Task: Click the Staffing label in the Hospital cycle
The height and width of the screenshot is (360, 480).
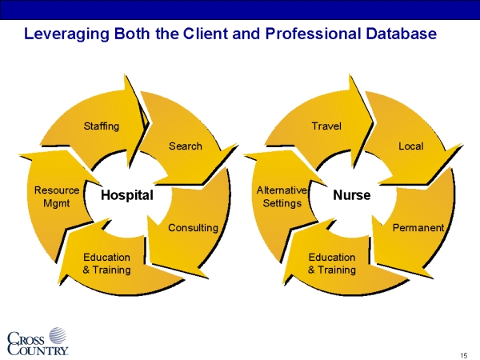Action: [x=102, y=126]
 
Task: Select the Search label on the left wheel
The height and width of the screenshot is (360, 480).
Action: [x=186, y=146]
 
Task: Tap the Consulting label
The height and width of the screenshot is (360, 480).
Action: [x=193, y=228]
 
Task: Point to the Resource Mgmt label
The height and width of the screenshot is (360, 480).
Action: [x=57, y=197]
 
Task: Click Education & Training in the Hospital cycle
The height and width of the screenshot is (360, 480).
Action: [x=106, y=264]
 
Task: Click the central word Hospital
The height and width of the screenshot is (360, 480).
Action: [x=127, y=195]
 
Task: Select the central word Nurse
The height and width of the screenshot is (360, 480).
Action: [x=352, y=195]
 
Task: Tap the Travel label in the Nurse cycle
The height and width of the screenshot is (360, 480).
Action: [x=326, y=126]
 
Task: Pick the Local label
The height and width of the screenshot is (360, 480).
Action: [x=411, y=146]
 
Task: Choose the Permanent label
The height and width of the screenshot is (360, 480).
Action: [x=418, y=228]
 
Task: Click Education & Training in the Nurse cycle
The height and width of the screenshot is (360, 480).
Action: [x=332, y=264]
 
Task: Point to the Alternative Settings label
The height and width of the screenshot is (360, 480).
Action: [x=282, y=197]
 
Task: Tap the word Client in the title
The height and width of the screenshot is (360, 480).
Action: [x=206, y=34]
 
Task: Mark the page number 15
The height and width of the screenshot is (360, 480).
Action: [x=464, y=354]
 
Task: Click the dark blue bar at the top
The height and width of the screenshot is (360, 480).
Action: [x=240, y=9]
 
